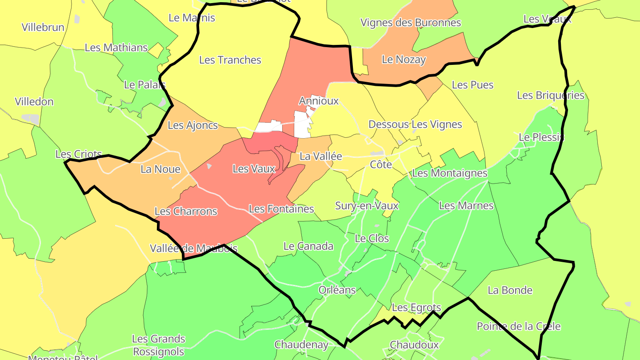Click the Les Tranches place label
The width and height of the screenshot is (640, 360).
click(x=230, y=60)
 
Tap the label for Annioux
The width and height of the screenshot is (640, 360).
click(x=319, y=101)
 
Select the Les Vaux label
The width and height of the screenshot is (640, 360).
click(x=254, y=169)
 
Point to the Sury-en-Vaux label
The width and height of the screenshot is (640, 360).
click(x=367, y=206)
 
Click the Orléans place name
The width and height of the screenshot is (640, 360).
click(x=337, y=290)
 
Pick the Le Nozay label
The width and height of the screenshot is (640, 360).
click(x=404, y=60)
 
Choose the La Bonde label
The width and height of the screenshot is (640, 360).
click(x=510, y=290)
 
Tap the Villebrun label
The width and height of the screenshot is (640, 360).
click(x=43, y=27)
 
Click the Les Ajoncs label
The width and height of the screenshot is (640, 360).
click(x=192, y=125)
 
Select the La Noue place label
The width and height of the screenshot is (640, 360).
click(x=160, y=169)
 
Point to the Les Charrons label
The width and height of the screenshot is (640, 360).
click(x=186, y=211)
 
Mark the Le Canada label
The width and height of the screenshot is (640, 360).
click(x=308, y=246)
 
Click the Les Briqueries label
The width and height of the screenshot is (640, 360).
click(x=550, y=96)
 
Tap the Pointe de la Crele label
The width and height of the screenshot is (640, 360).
click(x=519, y=326)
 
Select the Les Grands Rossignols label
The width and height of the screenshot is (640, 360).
click(x=158, y=345)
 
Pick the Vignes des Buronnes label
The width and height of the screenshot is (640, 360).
click(x=410, y=23)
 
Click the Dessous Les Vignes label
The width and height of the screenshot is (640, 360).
click(x=415, y=124)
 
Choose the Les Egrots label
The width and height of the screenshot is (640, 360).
click(x=416, y=308)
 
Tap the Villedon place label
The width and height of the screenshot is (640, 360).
click(x=34, y=102)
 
